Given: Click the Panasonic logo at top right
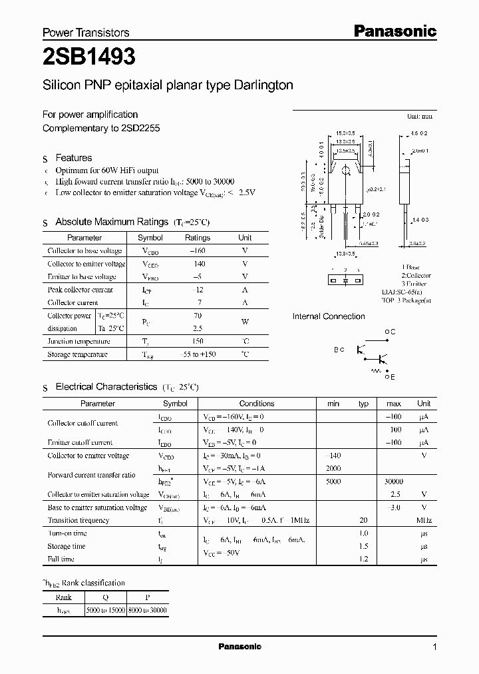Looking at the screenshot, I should pyautogui.click(x=395, y=31).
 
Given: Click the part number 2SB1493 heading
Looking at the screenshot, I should pyautogui.click(x=89, y=58).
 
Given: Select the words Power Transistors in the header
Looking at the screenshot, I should pyautogui.click(x=86, y=33).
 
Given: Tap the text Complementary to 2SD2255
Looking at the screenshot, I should pyautogui.click(x=101, y=128).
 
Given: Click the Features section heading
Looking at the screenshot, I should pyautogui.click(x=73, y=158).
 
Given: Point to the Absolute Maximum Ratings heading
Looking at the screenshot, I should pyautogui.click(x=112, y=222).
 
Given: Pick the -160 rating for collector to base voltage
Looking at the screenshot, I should pyautogui.click(x=197, y=251).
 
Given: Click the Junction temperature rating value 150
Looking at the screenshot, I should pyautogui.click(x=197, y=342).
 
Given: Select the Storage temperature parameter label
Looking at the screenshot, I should pyautogui.click(x=78, y=354).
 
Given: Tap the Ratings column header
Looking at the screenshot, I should pyautogui.click(x=197, y=238).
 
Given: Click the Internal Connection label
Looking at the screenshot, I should pyautogui.click(x=329, y=316).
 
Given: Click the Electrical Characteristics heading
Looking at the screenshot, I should pyautogui.click(x=106, y=386).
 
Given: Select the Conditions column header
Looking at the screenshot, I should pyautogui.click(x=256, y=404).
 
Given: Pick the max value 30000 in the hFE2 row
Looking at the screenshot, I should pyautogui.click(x=393, y=482).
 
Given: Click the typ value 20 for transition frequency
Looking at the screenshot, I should pyautogui.click(x=363, y=520).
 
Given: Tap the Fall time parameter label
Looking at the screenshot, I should pyautogui.click(x=61, y=559).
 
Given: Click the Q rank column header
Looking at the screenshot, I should pyautogui.click(x=105, y=597).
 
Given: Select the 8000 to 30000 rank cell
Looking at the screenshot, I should pyautogui.click(x=147, y=610).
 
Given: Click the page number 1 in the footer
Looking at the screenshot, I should pyautogui.click(x=434, y=647).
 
